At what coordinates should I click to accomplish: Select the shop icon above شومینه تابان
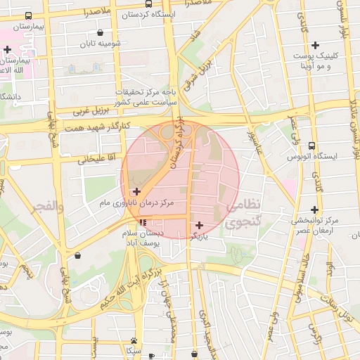click(x=101, y=32)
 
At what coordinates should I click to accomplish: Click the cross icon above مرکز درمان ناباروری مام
click(x=136, y=191)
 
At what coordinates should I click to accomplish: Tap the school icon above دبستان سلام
click(x=143, y=222)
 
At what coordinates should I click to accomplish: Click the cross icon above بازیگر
click(x=200, y=225)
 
